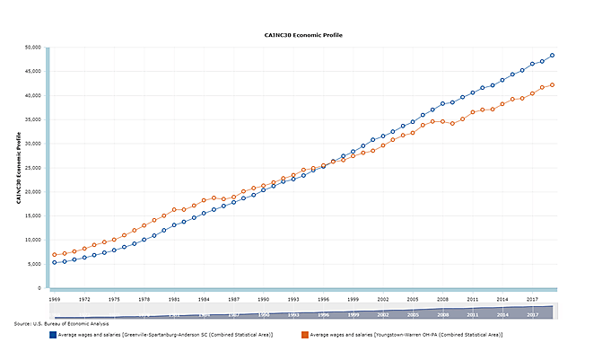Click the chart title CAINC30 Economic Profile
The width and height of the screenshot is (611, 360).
tap(304, 35)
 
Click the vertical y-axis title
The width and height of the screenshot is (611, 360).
tap(18, 168)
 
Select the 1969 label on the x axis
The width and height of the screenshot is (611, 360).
tap(55, 299)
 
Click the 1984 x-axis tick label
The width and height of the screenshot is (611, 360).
tap(204, 299)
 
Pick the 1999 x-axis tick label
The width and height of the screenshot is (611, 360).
tap(354, 299)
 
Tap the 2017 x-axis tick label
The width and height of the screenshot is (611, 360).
tap(532, 299)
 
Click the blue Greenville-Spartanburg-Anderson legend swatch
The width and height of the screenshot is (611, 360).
tap(53, 335)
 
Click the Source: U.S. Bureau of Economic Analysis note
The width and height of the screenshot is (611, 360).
tap(62, 323)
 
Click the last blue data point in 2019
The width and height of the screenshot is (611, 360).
tap(552, 56)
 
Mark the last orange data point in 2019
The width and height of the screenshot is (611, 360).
tap(552, 85)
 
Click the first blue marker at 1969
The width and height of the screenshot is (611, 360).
tap(55, 262)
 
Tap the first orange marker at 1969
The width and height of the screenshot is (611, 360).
tap(55, 255)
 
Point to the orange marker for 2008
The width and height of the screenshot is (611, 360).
tap(442, 121)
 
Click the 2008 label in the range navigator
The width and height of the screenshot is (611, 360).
tap(442, 315)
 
